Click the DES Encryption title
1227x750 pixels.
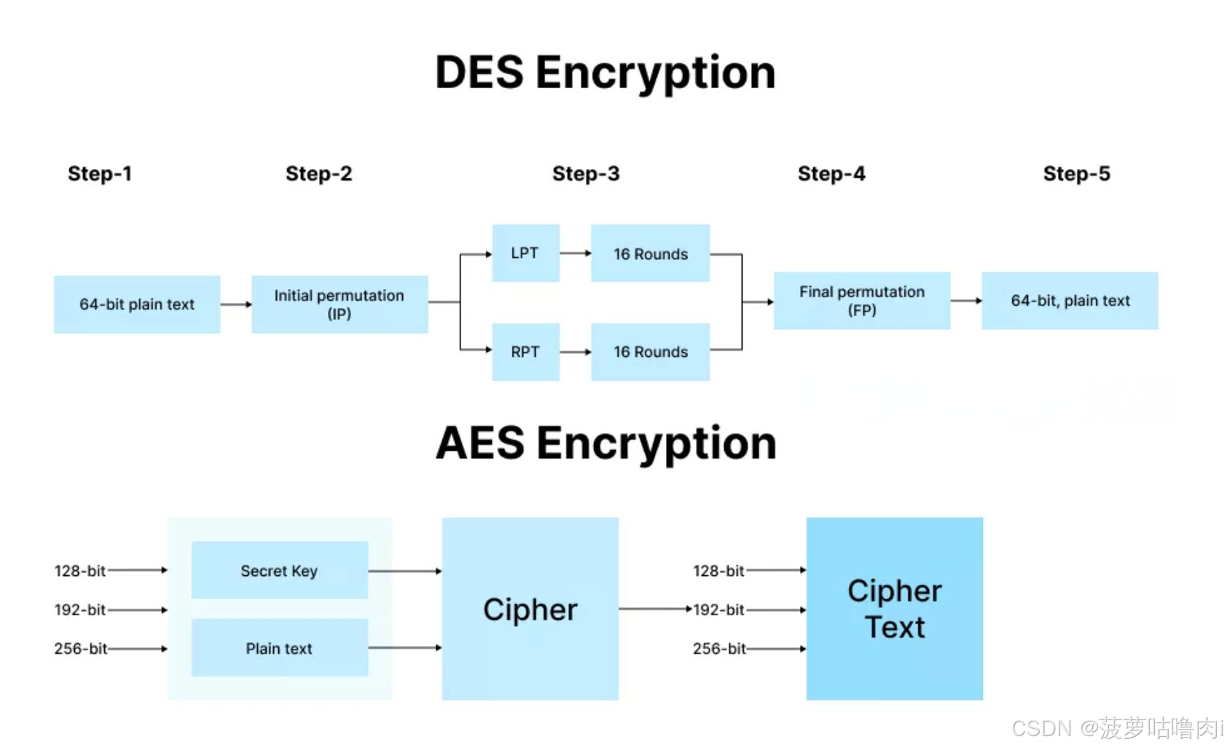tap(605, 73)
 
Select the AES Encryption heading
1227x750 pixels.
tap(605, 443)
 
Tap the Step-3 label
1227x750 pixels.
tap(585, 173)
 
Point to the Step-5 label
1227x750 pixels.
tap(1076, 173)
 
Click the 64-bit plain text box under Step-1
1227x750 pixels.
tap(137, 304)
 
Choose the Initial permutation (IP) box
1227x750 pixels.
tap(340, 304)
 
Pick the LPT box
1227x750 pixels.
tap(525, 253)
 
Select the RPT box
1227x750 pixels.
tap(525, 352)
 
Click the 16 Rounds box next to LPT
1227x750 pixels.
tap(650, 253)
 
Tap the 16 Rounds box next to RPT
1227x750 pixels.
tap(650, 352)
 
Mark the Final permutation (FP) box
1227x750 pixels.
tap(861, 301)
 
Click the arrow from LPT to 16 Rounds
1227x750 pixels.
tap(575, 253)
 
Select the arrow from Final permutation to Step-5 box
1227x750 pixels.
tap(965, 300)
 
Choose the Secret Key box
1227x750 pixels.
tap(279, 570)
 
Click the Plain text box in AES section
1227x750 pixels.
tap(279, 648)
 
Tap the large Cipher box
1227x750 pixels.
tap(530, 609)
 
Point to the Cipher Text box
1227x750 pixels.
tap(894, 609)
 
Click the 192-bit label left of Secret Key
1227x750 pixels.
tap(79, 609)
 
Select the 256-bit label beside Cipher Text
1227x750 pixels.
tap(718, 648)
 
